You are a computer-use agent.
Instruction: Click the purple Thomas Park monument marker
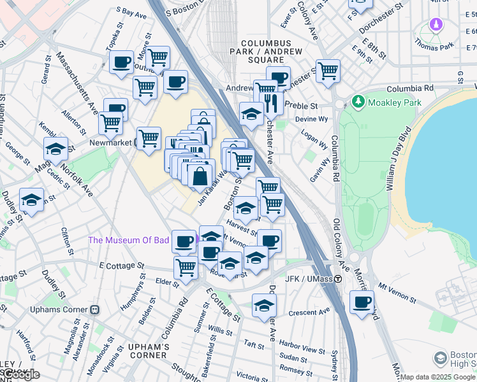point(436,25)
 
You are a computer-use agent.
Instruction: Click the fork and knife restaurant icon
point(272,102)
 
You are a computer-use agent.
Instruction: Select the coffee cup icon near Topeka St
point(121,62)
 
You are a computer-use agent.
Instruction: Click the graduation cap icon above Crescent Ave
point(264,306)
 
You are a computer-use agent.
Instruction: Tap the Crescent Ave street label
point(309,312)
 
